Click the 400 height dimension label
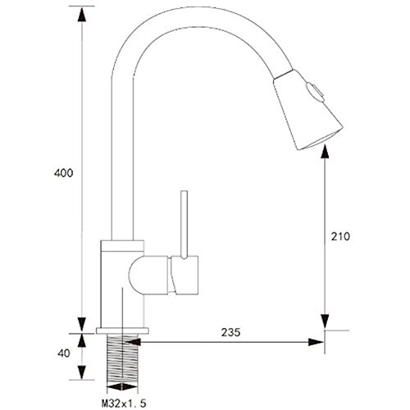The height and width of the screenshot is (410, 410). (64, 173)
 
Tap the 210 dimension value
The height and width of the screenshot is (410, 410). (340, 236)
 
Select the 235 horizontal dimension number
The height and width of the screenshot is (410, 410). (231, 332)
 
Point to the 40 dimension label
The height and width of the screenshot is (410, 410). (64, 353)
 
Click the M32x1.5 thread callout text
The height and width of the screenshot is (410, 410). (124, 403)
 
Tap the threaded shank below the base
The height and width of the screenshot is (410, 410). (122, 359)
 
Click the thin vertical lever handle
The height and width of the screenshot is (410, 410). (184, 225)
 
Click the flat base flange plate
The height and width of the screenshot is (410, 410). (122, 330)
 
